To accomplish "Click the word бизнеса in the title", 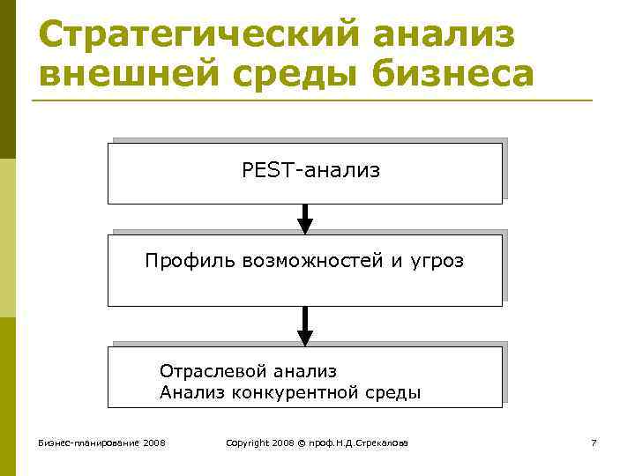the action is tap(453, 75).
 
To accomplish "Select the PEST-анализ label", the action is tap(310, 170).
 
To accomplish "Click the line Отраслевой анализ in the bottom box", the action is tap(248, 372).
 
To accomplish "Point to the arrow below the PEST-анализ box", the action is tap(305, 219).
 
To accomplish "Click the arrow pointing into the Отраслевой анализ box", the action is tap(305, 327).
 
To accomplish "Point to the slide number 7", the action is tap(594, 442).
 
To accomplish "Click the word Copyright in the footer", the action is tap(248, 442).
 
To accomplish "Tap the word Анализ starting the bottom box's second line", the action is tap(192, 392).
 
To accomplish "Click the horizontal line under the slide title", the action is tap(312, 100).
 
